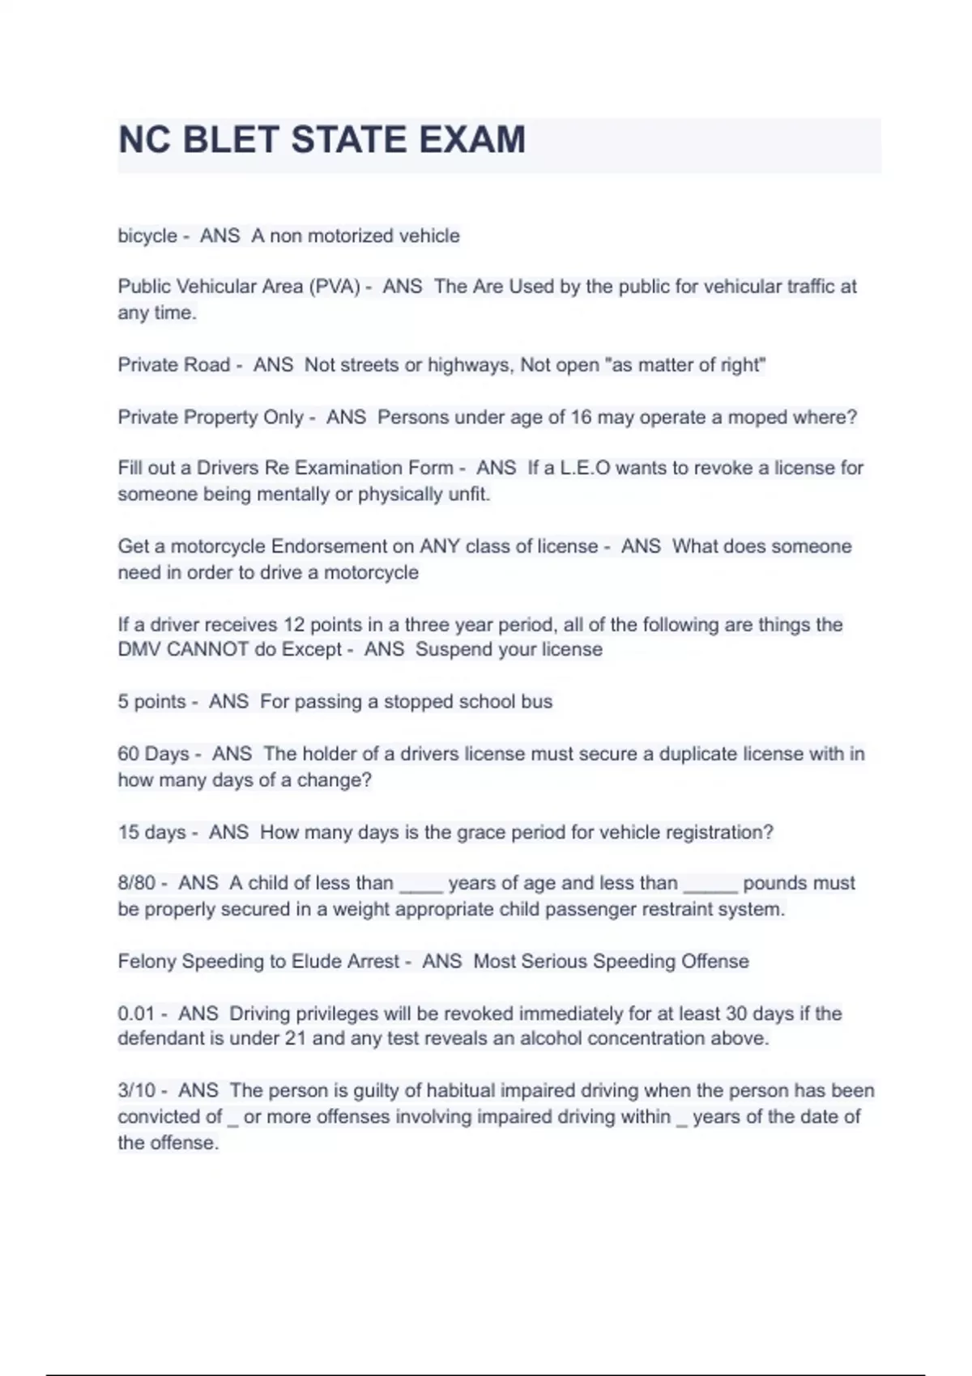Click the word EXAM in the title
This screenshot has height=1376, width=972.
click(471, 140)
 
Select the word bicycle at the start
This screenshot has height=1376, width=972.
click(147, 236)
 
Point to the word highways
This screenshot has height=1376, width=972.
click(469, 365)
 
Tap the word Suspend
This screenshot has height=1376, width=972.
click(450, 650)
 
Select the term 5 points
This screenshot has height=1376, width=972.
click(151, 702)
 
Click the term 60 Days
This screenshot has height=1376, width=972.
click(153, 754)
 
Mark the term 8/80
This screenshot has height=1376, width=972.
click(136, 883)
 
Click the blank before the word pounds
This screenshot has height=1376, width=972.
click(710, 885)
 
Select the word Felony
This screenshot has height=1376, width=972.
click(147, 962)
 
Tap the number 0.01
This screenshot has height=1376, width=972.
click(136, 1014)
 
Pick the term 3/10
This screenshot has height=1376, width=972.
click(136, 1091)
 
